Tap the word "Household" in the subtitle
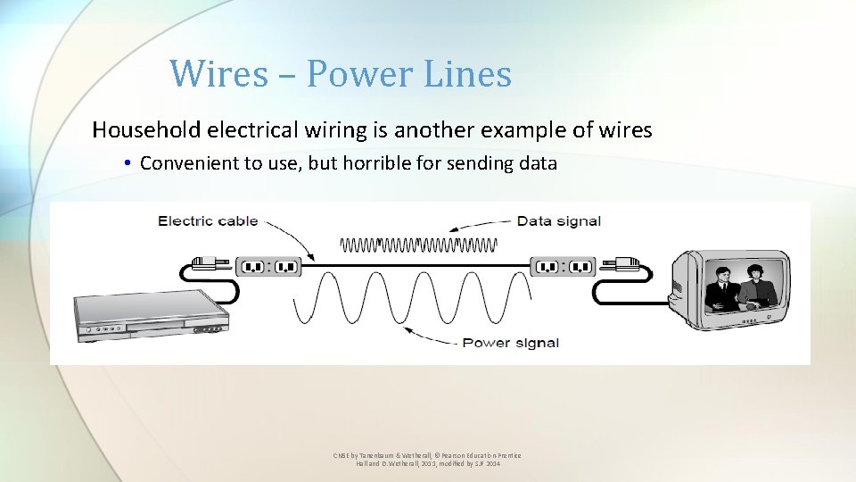146,130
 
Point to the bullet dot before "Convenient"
128,163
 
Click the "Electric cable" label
207,220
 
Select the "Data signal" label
558,220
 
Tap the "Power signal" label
511,343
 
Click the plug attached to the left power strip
207,263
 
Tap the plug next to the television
623,263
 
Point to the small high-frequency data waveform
419,244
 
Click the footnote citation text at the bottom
427,460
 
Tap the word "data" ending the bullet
539,163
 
